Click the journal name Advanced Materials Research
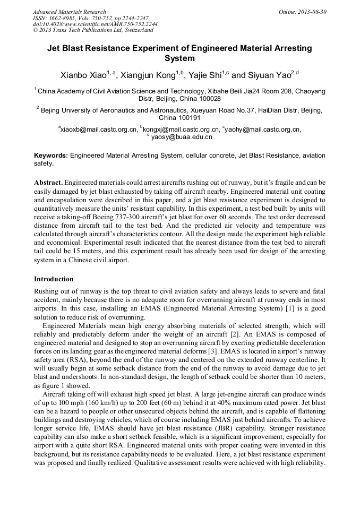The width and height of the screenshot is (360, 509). (x=70, y=12)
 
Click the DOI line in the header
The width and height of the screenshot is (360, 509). (x=95, y=24)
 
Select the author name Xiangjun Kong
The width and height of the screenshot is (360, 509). (x=148, y=76)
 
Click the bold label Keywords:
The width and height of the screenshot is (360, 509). (x=51, y=156)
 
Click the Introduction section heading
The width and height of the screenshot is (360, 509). (x=54, y=279)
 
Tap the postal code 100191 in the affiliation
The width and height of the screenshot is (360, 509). (x=187, y=118)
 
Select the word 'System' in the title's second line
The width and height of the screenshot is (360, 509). (x=179, y=58)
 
